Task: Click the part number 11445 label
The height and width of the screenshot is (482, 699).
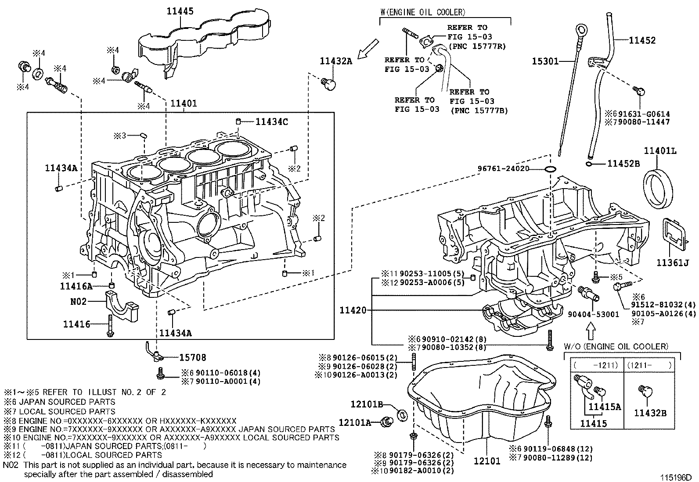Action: point(180,11)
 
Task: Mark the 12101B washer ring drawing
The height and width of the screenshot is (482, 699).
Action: point(401,414)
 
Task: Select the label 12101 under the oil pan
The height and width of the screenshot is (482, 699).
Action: point(487,461)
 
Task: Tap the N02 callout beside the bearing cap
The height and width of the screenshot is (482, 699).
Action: point(79,301)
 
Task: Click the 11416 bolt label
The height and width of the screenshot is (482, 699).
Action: point(76,324)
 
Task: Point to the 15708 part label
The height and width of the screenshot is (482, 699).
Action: point(192,357)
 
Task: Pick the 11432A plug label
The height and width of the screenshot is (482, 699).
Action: point(336,61)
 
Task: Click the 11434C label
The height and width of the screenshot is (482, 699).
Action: point(272,121)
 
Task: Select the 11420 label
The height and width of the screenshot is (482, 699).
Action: point(353,311)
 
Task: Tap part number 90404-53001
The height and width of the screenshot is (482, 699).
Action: point(593,314)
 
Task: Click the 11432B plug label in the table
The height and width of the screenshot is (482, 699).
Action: point(650,413)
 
